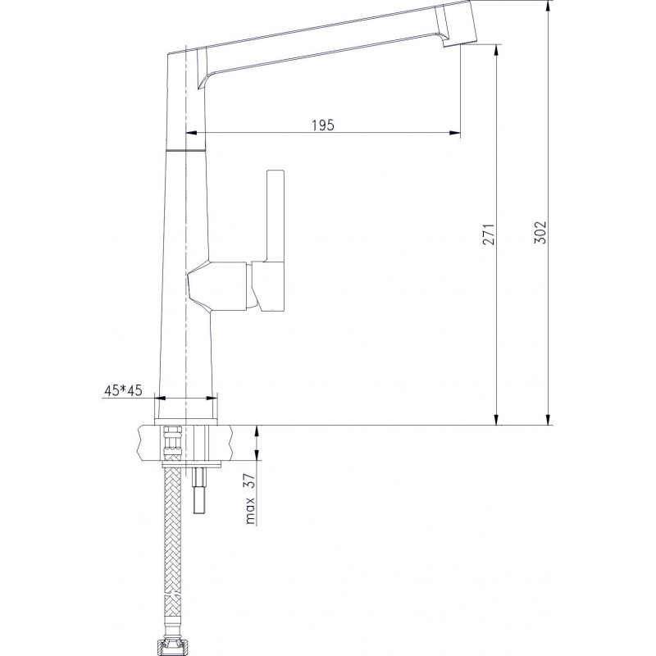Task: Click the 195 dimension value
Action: (323, 125)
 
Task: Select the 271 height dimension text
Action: (489, 235)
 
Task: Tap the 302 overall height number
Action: (540, 232)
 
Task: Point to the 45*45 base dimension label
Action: (123, 390)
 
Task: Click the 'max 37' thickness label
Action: (250, 499)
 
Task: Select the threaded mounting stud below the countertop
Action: (198, 490)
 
